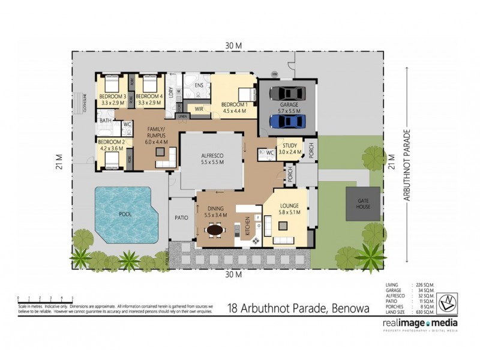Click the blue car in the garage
tap(287, 121)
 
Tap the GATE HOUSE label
tap(364, 204)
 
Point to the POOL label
tap(125, 214)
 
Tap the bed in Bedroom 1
tap(246, 94)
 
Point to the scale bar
tap(46, 298)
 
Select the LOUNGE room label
tap(287, 206)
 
